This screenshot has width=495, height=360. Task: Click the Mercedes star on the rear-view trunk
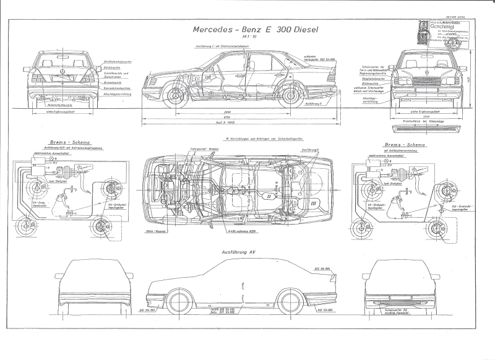[x=62, y=72]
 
